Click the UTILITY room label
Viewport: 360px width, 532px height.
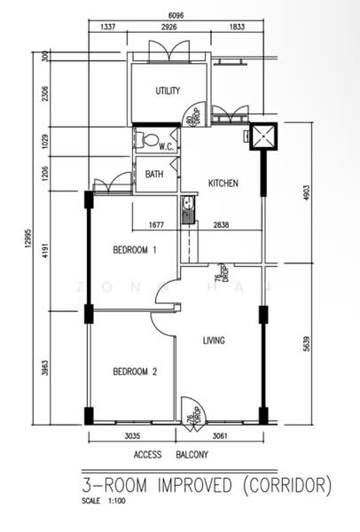(168, 91)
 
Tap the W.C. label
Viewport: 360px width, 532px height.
(166, 146)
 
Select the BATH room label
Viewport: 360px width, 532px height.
(154, 175)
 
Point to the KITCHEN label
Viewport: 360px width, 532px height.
(223, 184)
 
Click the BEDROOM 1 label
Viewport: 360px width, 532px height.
(135, 251)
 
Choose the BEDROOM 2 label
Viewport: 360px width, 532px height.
(135, 372)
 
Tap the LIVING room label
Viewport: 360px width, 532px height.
(214, 340)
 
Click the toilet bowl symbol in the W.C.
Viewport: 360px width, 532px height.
(150, 139)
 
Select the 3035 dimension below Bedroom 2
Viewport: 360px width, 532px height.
(132, 436)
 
